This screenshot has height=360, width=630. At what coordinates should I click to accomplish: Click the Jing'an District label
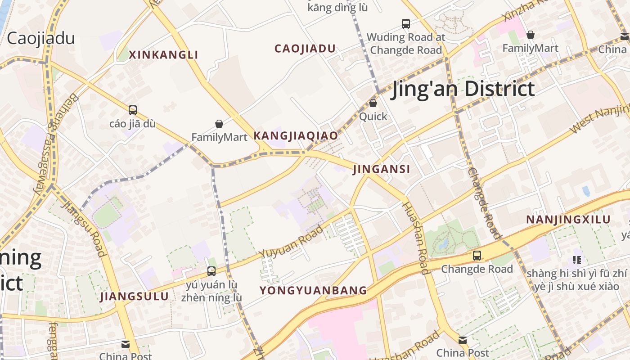(463, 89)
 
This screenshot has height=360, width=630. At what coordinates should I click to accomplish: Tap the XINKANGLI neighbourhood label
(163, 55)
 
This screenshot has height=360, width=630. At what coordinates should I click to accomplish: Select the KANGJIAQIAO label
(296, 135)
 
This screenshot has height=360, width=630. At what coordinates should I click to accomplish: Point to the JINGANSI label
(382, 169)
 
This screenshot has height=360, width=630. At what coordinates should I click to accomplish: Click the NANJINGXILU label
(568, 220)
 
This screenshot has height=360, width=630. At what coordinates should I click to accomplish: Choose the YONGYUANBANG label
(313, 290)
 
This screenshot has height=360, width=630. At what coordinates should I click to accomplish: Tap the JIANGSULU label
(134, 296)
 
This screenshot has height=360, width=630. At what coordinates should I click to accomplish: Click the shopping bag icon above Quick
(373, 103)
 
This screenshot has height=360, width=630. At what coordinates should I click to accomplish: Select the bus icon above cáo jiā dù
(132, 110)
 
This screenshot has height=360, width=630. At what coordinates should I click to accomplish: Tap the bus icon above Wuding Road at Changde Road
(406, 23)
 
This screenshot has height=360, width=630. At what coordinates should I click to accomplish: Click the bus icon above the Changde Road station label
(477, 256)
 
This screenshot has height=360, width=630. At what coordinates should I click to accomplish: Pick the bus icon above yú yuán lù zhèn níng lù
(211, 271)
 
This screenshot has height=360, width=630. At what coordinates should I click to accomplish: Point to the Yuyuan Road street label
(292, 242)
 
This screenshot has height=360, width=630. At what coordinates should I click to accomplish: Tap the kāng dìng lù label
(337, 7)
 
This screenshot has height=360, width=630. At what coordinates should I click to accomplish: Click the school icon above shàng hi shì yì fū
(576, 260)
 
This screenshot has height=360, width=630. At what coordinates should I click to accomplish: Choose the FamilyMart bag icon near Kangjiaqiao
(219, 124)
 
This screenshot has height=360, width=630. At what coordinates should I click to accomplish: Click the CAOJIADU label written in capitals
(305, 49)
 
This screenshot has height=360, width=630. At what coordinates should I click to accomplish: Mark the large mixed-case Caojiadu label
(40, 38)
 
